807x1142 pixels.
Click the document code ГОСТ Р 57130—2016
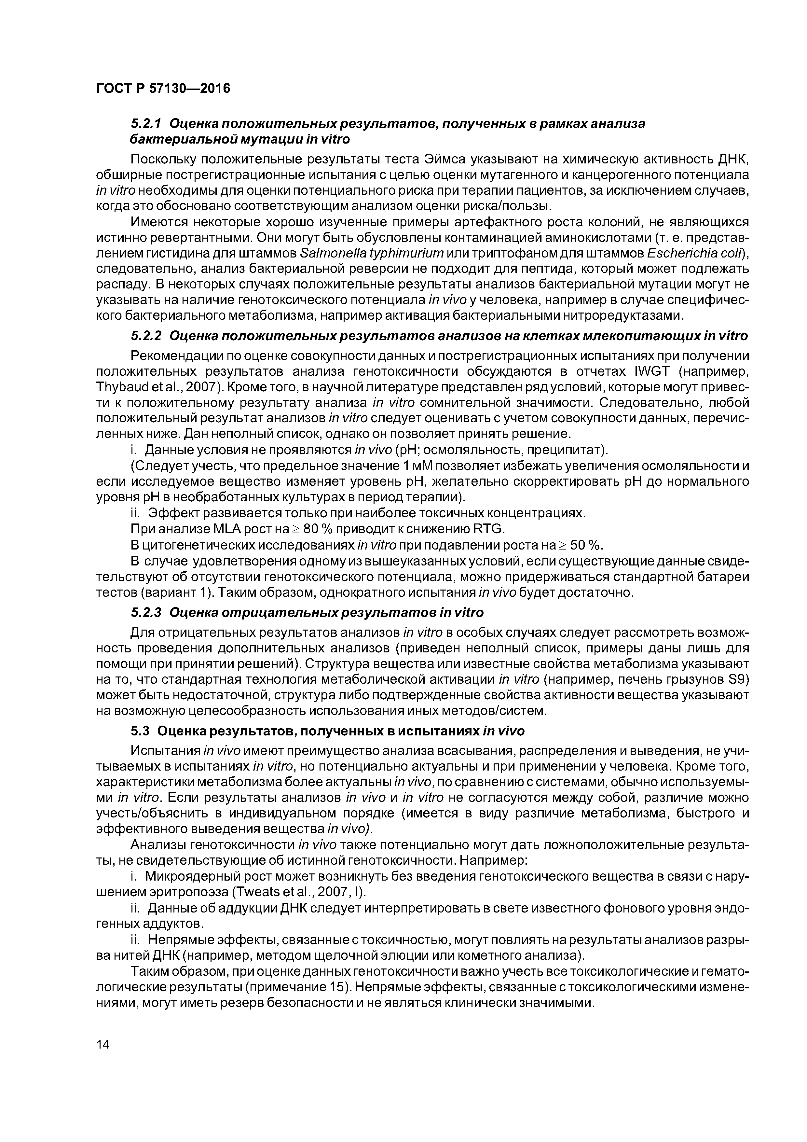pos(163,89)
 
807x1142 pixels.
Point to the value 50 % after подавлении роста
pos(585,545)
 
